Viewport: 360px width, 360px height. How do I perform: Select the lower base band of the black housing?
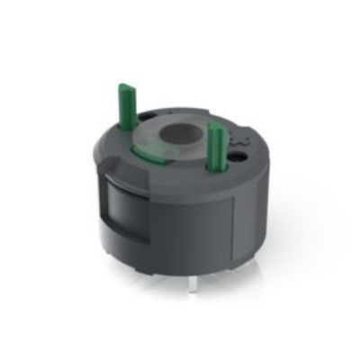click(180, 261)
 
